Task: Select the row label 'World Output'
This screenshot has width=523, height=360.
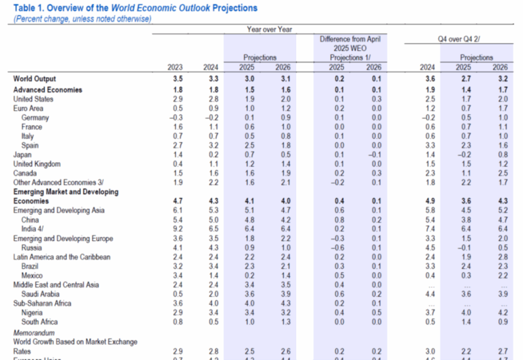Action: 34,80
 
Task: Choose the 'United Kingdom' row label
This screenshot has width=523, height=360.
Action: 36,165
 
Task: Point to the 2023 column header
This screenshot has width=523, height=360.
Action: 176,67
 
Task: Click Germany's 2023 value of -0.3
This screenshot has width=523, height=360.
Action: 175,118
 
